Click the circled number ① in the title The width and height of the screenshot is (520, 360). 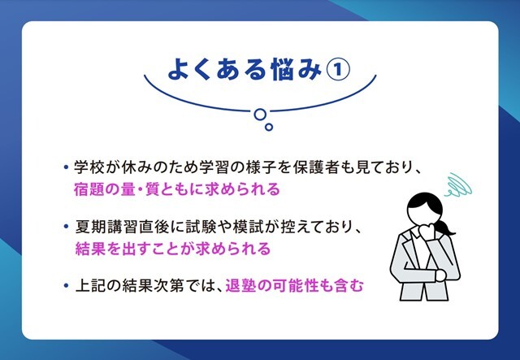point(339,71)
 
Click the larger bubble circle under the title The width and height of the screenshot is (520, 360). point(260,114)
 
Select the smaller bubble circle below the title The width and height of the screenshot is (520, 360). point(269,127)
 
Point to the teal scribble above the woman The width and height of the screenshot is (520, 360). point(458,185)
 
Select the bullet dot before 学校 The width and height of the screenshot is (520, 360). point(66,167)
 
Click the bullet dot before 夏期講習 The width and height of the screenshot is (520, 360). point(66,227)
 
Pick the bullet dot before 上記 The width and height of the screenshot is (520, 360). point(66,285)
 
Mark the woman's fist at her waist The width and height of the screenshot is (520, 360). point(441,275)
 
